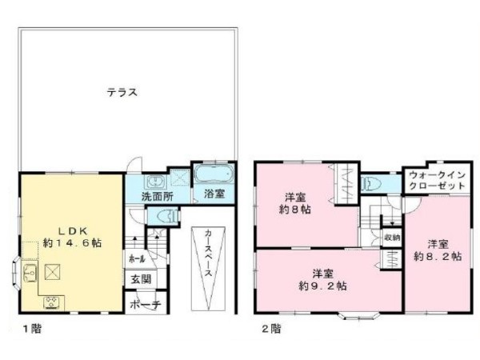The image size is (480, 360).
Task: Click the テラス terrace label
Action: [x=122, y=92]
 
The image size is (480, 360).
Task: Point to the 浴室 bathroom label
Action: [x=214, y=194]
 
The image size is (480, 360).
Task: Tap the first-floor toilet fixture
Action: [x=166, y=216]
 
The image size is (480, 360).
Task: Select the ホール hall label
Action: [x=137, y=258]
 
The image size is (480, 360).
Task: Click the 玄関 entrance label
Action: [x=138, y=279]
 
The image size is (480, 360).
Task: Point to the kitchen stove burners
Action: [x=53, y=302]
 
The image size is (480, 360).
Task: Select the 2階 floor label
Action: [x=270, y=328]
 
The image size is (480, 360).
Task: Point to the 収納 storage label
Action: [x=391, y=238]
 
